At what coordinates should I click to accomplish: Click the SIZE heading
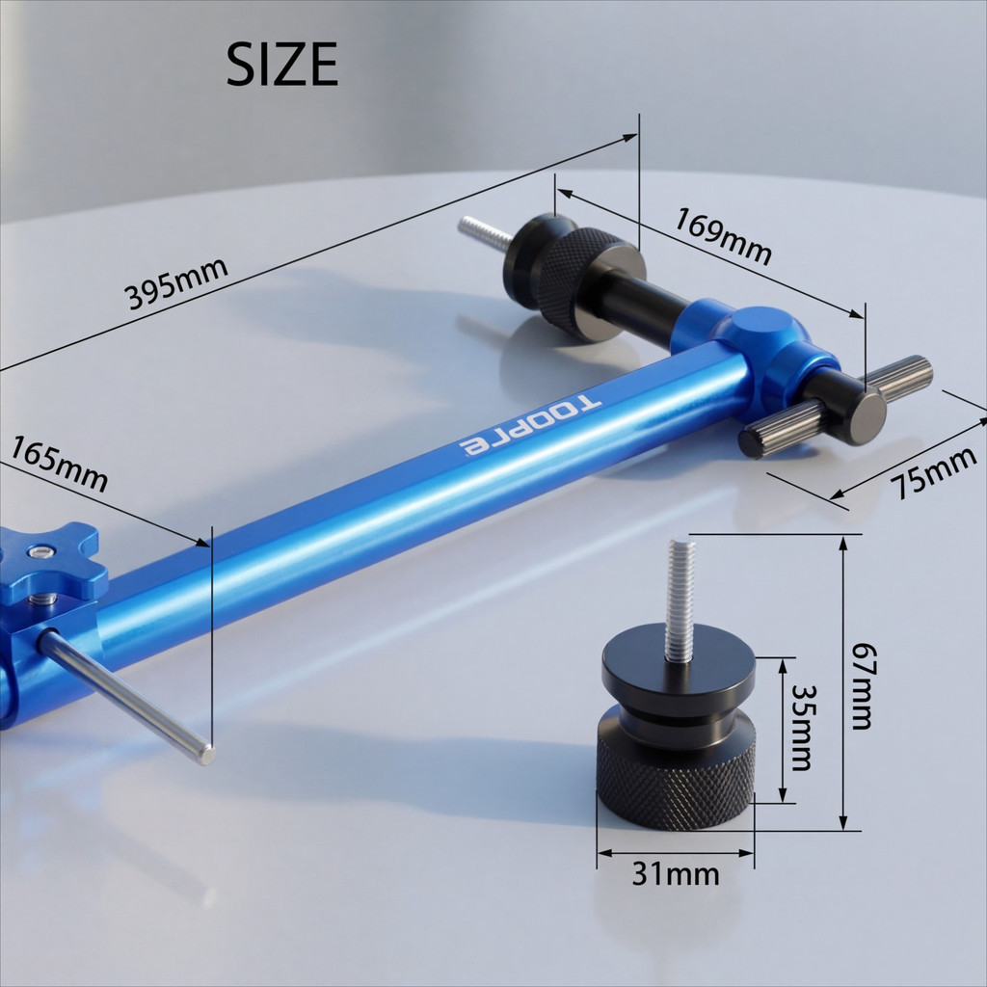(x=282, y=64)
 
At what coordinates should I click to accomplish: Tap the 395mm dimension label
(x=175, y=283)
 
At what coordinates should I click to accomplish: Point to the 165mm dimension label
(x=59, y=464)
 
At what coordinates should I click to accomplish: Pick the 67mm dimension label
(x=861, y=685)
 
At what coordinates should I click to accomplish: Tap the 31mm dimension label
(x=676, y=873)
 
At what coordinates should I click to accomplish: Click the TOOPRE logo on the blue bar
(x=530, y=425)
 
